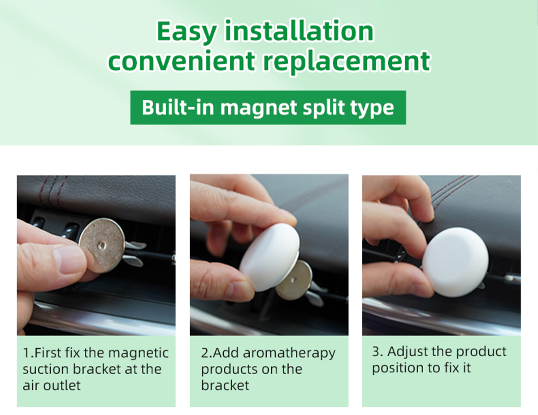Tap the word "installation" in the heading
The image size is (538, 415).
click(299, 30)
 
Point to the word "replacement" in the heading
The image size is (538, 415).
click(346, 62)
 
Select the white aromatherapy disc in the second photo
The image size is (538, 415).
click(269, 257)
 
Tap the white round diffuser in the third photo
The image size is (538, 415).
click(456, 262)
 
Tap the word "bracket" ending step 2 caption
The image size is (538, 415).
click(225, 385)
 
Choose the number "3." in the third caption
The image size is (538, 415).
click(377, 352)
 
